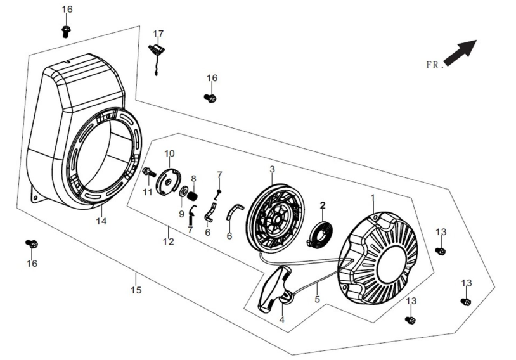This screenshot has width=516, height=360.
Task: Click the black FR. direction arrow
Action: pos(461,52)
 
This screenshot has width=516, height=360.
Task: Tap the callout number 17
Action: pos(158,34)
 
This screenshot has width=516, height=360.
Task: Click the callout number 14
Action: pos(101,221)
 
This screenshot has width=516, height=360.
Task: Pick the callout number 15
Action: pos(136,290)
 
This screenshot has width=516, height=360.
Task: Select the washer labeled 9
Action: pos(183,191)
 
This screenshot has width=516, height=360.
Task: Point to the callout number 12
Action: pos(169,242)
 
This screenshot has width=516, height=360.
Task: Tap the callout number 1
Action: pos(373,198)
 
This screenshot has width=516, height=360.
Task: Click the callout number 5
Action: pos(317,299)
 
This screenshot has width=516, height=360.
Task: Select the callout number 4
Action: pos(281,319)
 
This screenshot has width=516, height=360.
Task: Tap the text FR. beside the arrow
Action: pos(434,65)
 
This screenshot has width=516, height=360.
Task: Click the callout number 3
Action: pos(272,169)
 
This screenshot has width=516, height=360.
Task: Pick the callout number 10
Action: pos(169,153)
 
